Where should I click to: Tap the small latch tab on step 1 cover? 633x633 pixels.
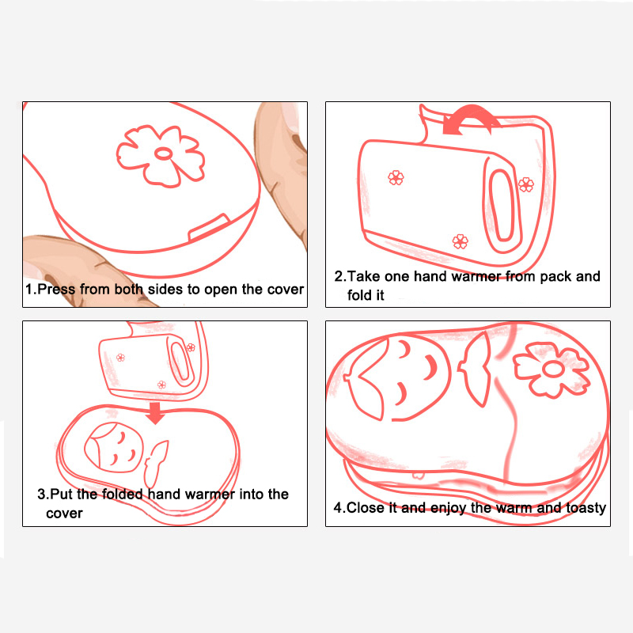pos(209,227)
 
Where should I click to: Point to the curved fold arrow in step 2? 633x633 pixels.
pos(470,118)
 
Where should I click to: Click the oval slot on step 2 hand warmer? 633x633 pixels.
pos(502,206)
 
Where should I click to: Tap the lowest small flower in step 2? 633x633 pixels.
pos(461,241)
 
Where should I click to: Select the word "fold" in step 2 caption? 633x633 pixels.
pos(359,295)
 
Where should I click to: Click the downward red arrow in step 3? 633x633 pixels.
pos(155,412)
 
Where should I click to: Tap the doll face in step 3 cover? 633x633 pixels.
pos(114,447)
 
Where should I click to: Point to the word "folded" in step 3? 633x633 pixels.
pos(122,494)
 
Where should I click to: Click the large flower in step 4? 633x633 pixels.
pos(551,369)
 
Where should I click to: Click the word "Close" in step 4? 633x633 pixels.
pos(366,507)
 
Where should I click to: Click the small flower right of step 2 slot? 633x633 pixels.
pos(525,184)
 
